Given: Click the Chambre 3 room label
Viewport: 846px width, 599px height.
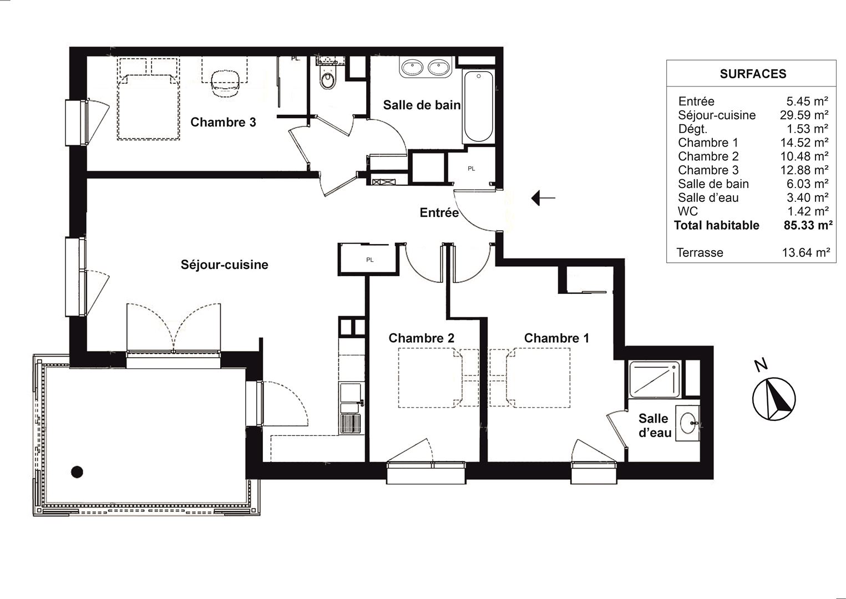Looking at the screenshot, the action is (223, 122).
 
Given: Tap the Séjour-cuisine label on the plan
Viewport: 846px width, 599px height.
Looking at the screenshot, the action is (224, 265).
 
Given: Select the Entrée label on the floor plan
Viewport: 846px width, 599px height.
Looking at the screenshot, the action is (439, 212).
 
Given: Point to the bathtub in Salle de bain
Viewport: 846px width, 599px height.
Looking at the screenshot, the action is (479, 106).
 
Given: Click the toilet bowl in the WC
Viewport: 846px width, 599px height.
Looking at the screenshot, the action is (327, 80).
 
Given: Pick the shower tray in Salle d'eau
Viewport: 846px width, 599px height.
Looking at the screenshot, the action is (655, 379).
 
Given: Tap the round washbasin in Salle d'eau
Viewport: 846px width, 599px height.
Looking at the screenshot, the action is (688, 423).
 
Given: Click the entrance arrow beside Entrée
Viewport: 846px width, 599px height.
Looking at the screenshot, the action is (543, 197).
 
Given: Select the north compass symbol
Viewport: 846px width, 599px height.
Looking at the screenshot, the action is (774, 398).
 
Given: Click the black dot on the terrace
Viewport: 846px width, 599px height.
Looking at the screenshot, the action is (77, 472).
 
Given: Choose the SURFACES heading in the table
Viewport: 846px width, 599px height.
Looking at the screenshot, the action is (753, 74).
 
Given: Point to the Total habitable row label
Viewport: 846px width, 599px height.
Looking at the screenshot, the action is (716, 225).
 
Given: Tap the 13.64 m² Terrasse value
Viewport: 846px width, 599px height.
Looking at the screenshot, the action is (806, 252).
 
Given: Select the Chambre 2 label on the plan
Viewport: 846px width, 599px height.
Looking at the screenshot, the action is (422, 338).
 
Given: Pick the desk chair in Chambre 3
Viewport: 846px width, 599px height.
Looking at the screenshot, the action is (225, 83).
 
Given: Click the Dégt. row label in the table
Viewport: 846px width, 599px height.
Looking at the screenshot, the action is (693, 129).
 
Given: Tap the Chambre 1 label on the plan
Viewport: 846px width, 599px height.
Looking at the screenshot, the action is (557, 338).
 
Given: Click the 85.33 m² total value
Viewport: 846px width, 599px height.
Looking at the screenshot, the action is (808, 225).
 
